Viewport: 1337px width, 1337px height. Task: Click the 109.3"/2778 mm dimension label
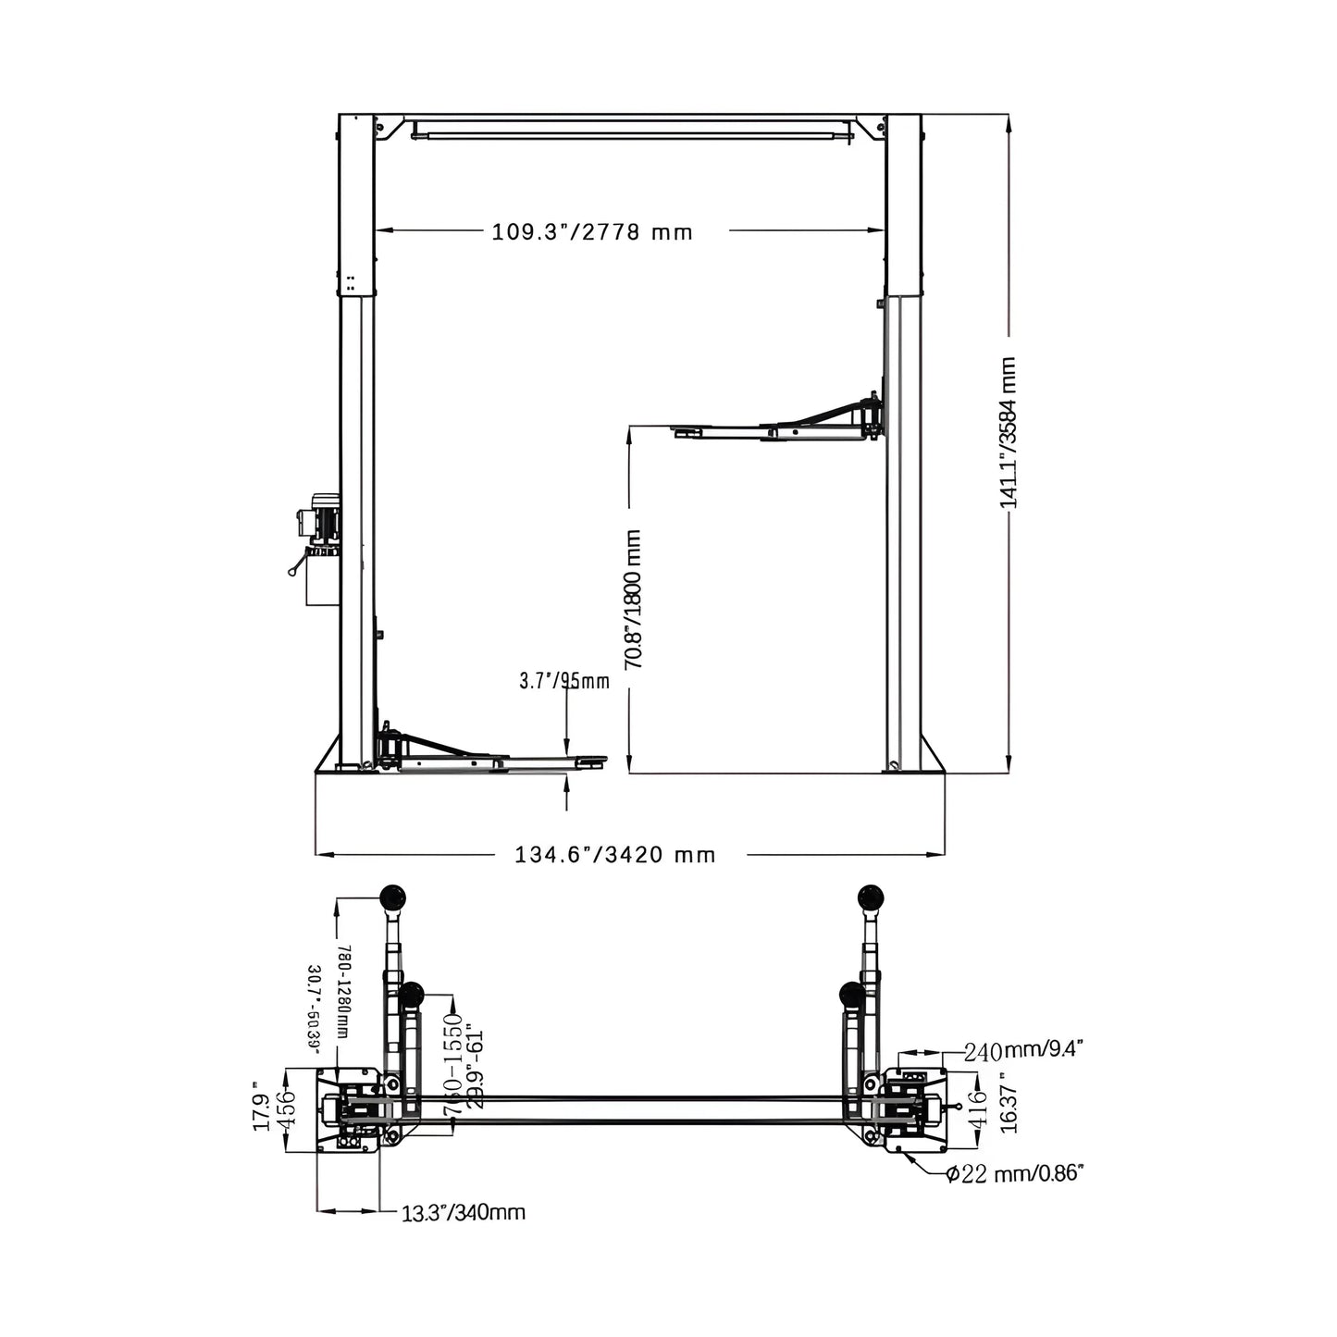[592, 231]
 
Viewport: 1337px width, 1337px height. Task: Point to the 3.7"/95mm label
[563, 682]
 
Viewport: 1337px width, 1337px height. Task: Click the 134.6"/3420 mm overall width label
[615, 855]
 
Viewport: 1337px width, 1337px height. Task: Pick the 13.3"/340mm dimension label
[464, 1212]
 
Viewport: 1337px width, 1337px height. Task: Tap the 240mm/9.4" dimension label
[1022, 1050]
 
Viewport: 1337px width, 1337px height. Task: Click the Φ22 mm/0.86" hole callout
[1014, 1174]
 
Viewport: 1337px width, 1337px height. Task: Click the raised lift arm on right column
[777, 426]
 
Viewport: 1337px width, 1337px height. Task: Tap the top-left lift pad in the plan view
[393, 896]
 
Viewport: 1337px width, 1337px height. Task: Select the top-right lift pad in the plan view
[871, 896]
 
